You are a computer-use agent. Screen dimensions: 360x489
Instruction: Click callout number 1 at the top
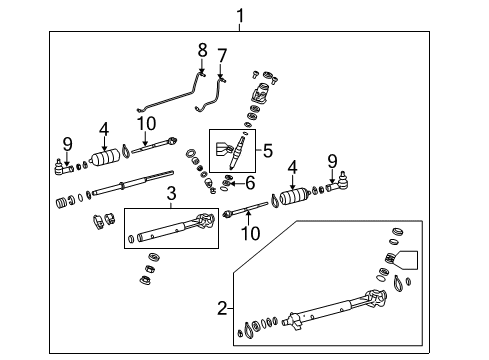point(240,14)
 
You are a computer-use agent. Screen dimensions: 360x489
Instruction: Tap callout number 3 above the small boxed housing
point(171,192)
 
